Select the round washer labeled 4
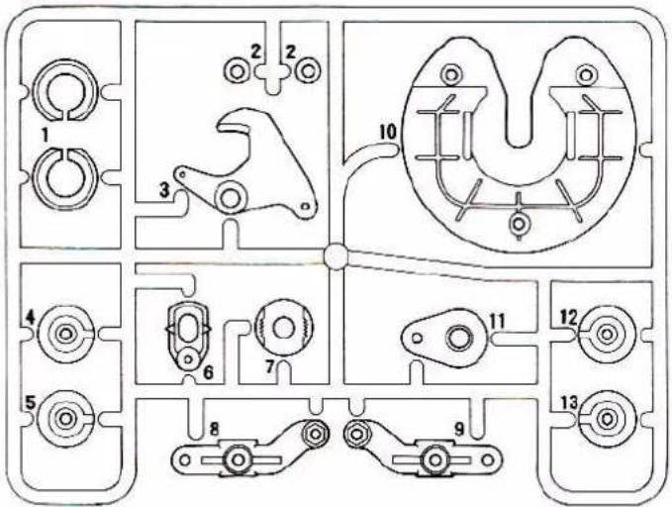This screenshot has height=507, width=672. (66, 334)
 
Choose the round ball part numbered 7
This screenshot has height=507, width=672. (283, 326)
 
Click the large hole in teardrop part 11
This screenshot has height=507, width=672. (458, 339)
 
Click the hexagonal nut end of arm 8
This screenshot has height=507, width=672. (315, 432)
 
